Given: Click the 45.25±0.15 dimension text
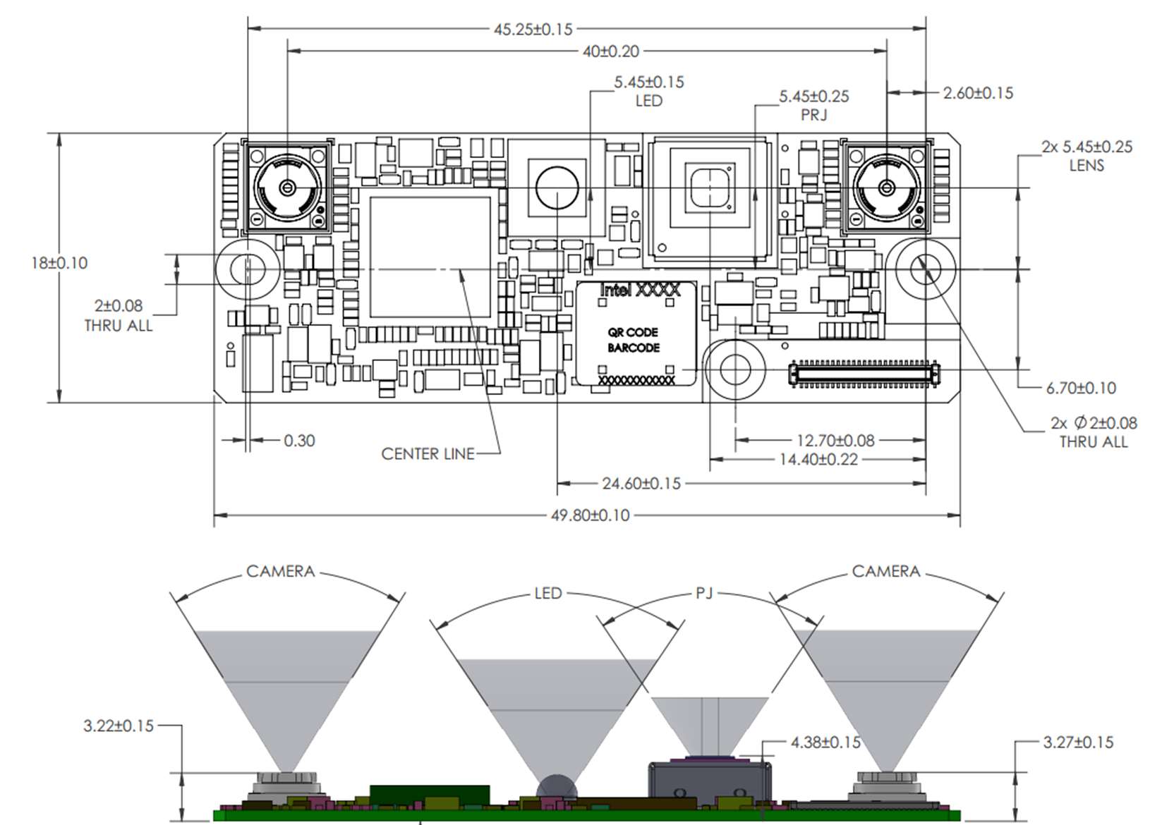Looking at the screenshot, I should pos(533,30).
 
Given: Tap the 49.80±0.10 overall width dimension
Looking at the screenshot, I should pos(590,515).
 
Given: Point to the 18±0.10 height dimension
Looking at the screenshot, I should pos(59,263).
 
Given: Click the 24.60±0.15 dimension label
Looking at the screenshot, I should pos(641,484).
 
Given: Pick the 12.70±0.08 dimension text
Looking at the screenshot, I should pos(835,441).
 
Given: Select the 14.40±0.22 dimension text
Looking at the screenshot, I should pos(818,460).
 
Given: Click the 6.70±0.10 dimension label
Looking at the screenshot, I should pos(1081,388).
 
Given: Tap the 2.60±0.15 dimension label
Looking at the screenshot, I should pos(978,93).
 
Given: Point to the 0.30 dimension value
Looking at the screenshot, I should pos(299,441).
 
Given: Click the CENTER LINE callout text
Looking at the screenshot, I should pos(428,454).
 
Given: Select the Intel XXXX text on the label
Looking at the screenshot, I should pos(640,290).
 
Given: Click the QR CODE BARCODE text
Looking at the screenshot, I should pos(634,340).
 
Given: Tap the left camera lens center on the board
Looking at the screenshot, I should pos(287,188).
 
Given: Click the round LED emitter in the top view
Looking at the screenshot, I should pos(557,188).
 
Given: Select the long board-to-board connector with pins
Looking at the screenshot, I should pos(864,374).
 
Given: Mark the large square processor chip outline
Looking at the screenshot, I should pos(430,257).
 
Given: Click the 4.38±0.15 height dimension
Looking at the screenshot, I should pos(825,742).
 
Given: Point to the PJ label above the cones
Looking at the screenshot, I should pos(704,593).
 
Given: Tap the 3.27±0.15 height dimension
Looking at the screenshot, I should pos(1078,742).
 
